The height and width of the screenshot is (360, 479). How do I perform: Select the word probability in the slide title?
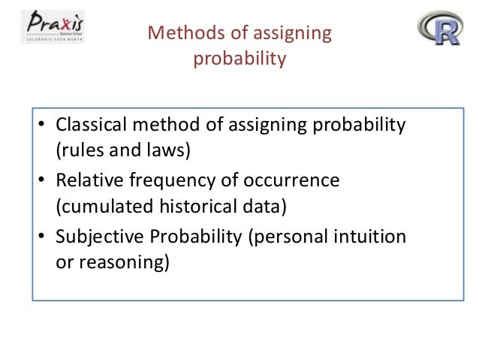(239, 58)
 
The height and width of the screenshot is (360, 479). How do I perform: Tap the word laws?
(169, 149)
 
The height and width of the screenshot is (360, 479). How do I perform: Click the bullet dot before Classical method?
(44, 126)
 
